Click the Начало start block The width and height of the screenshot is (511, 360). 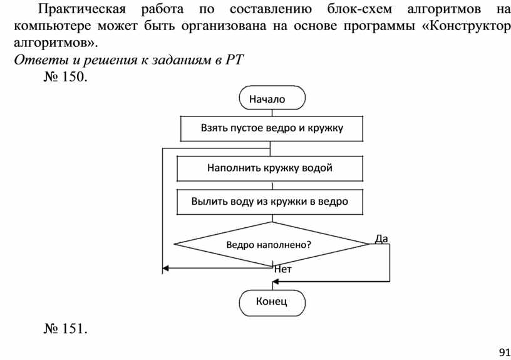click(272, 98)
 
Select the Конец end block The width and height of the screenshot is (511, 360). click(272, 302)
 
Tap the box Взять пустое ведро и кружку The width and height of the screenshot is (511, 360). click(272, 128)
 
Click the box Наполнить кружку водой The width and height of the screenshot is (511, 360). click(270, 168)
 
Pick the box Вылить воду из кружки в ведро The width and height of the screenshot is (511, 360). click(270, 202)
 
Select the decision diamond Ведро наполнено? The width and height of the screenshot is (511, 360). click(269, 245)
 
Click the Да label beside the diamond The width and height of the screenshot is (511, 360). click(381, 238)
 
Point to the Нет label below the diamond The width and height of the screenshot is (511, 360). click(283, 269)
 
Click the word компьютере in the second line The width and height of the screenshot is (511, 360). click(50, 28)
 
